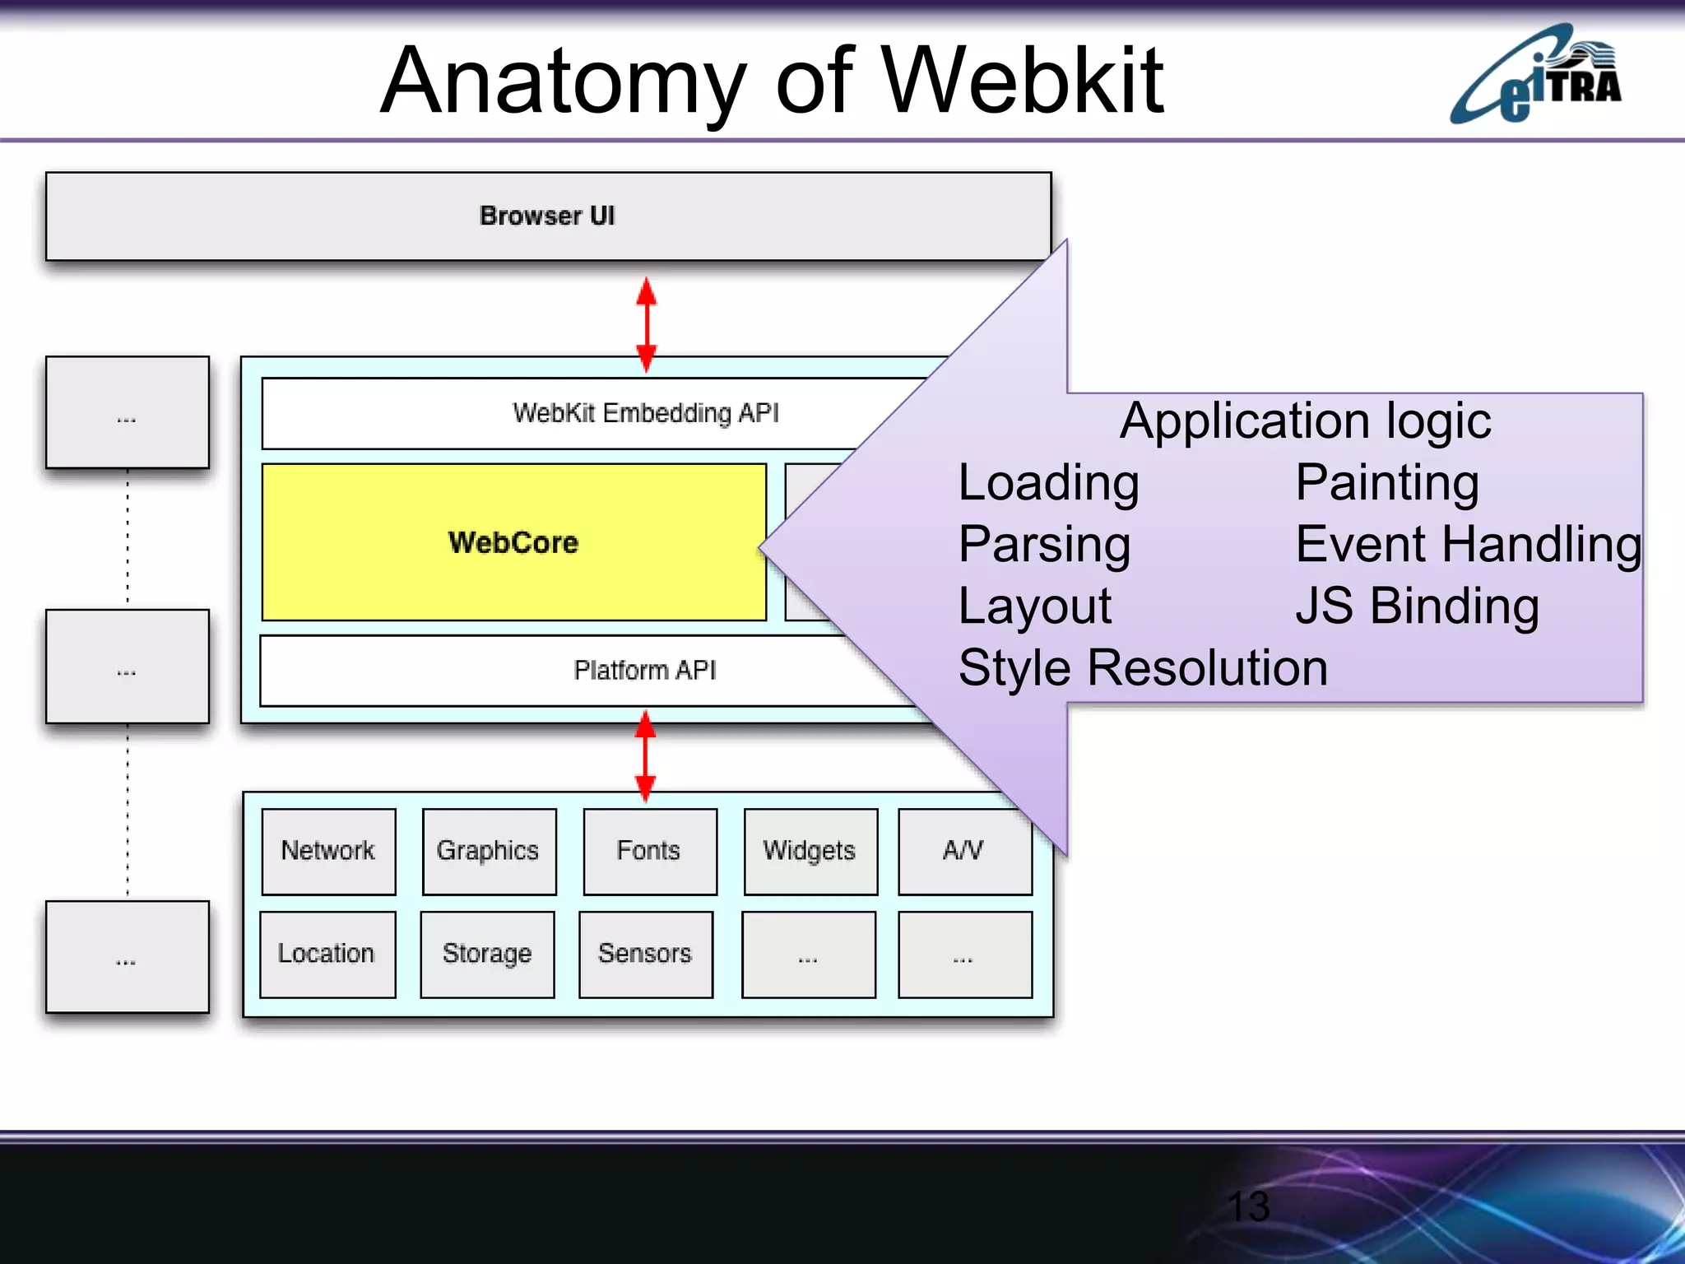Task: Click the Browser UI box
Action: [548, 216]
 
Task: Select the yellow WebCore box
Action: [513, 542]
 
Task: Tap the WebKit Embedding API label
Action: [645, 413]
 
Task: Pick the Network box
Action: [328, 851]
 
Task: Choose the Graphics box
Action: [489, 851]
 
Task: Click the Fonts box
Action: [649, 851]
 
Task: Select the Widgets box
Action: [810, 851]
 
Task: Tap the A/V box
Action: [963, 851]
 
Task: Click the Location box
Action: [327, 954]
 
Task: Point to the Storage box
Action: [487, 954]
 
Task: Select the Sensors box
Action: [645, 954]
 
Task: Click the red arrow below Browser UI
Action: [647, 324]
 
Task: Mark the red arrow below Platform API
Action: [646, 756]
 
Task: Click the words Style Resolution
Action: [1143, 667]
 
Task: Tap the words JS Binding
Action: [1417, 606]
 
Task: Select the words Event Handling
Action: [1468, 545]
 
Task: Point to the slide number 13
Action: [1248, 1207]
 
